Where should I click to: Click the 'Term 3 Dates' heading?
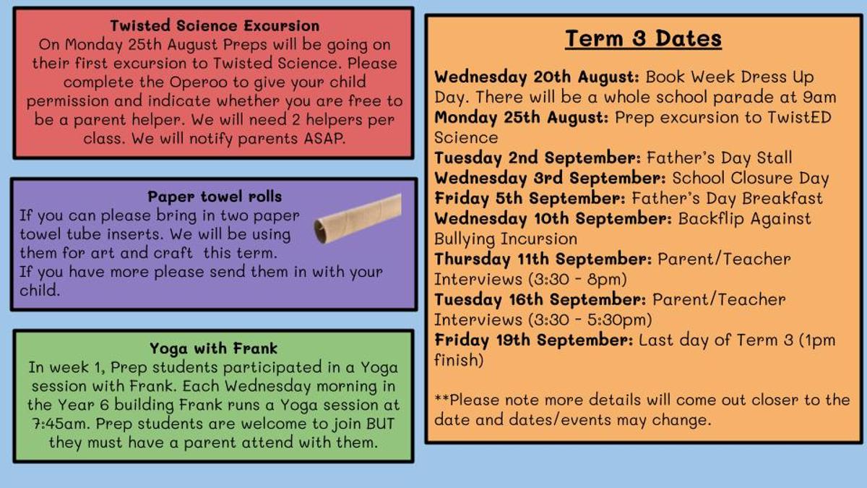643,38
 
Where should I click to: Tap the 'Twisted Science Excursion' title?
215,26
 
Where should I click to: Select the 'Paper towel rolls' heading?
215,197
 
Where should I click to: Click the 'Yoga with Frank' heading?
214,348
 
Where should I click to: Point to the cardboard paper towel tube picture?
358,219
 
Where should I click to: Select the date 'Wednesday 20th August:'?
536,77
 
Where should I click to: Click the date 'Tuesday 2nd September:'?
538,158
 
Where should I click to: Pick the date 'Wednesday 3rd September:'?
550,178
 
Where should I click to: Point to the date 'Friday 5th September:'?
530,198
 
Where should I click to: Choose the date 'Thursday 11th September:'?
543,259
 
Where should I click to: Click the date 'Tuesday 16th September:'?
540,299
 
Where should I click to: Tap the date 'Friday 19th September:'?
534,340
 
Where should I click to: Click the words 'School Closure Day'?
751,179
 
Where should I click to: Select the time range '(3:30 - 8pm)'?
577,280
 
